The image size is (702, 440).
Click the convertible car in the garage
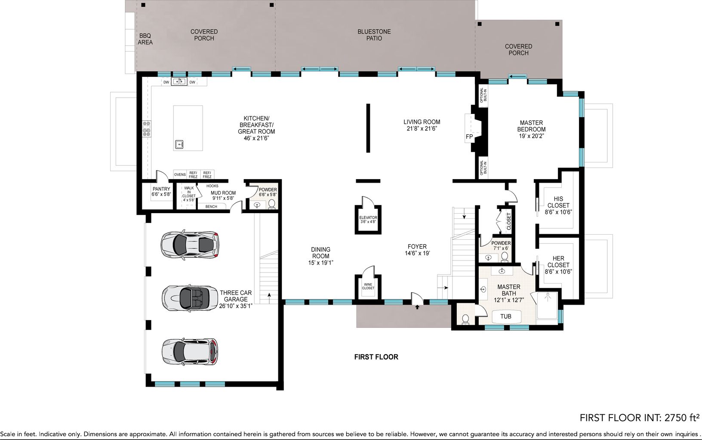click(x=190, y=298)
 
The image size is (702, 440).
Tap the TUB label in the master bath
click(x=506, y=316)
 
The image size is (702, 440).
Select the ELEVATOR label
click(x=368, y=218)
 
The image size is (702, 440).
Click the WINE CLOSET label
click(x=368, y=286)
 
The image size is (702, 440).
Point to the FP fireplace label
click(x=469, y=137)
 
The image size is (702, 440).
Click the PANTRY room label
click(x=161, y=189)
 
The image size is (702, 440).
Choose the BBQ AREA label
click(x=145, y=39)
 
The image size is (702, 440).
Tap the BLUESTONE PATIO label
click(x=374, y=35)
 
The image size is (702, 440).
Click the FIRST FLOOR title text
click(x=376, y=357)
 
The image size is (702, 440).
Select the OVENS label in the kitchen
click(x=180, y=174)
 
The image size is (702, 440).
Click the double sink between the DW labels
click(x=179, y=82)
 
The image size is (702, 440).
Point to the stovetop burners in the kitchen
click(x=147, y=129)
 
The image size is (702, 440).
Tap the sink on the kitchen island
click(x=179, y=144)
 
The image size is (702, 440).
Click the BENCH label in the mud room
click(x=211, y=207)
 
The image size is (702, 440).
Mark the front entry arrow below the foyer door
click(x=417, y=308)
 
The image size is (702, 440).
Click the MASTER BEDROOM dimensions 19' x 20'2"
click(x=532, y=136)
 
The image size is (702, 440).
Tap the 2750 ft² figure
click(x=682, y=418)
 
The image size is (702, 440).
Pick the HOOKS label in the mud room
click(x=212, y=186)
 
